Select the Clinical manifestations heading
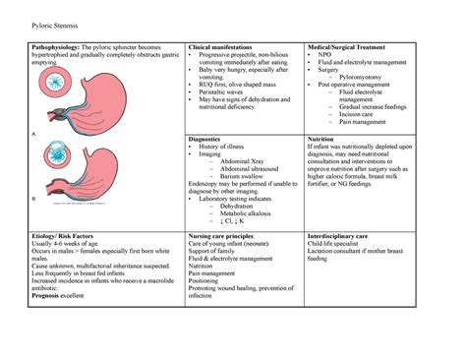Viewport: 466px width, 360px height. point(219,47)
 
